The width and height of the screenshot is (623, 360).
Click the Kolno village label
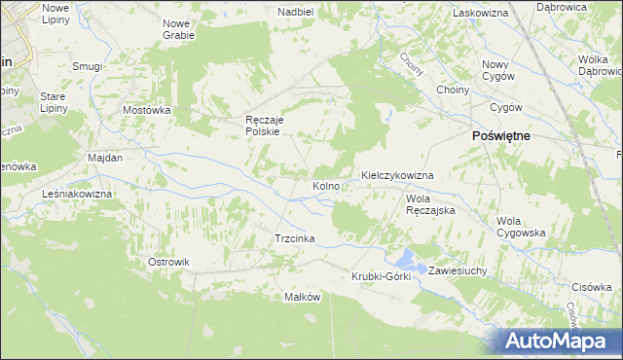click(x=325, y=185)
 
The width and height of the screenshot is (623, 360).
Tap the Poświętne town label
click(x=500, y=136)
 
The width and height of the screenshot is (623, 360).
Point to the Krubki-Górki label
click(x=382, y=276)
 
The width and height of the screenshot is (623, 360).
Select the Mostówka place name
click(x=147, y=110)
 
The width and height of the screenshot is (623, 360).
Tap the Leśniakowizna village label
click(x=78, y=194)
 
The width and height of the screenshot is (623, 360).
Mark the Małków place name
click(x=302, y=297)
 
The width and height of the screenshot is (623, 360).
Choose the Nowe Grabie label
click(x=178, y=28)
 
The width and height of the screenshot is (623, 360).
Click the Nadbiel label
click(x=295, y=12)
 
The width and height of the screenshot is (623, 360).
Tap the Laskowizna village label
click(x=482, y=13)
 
